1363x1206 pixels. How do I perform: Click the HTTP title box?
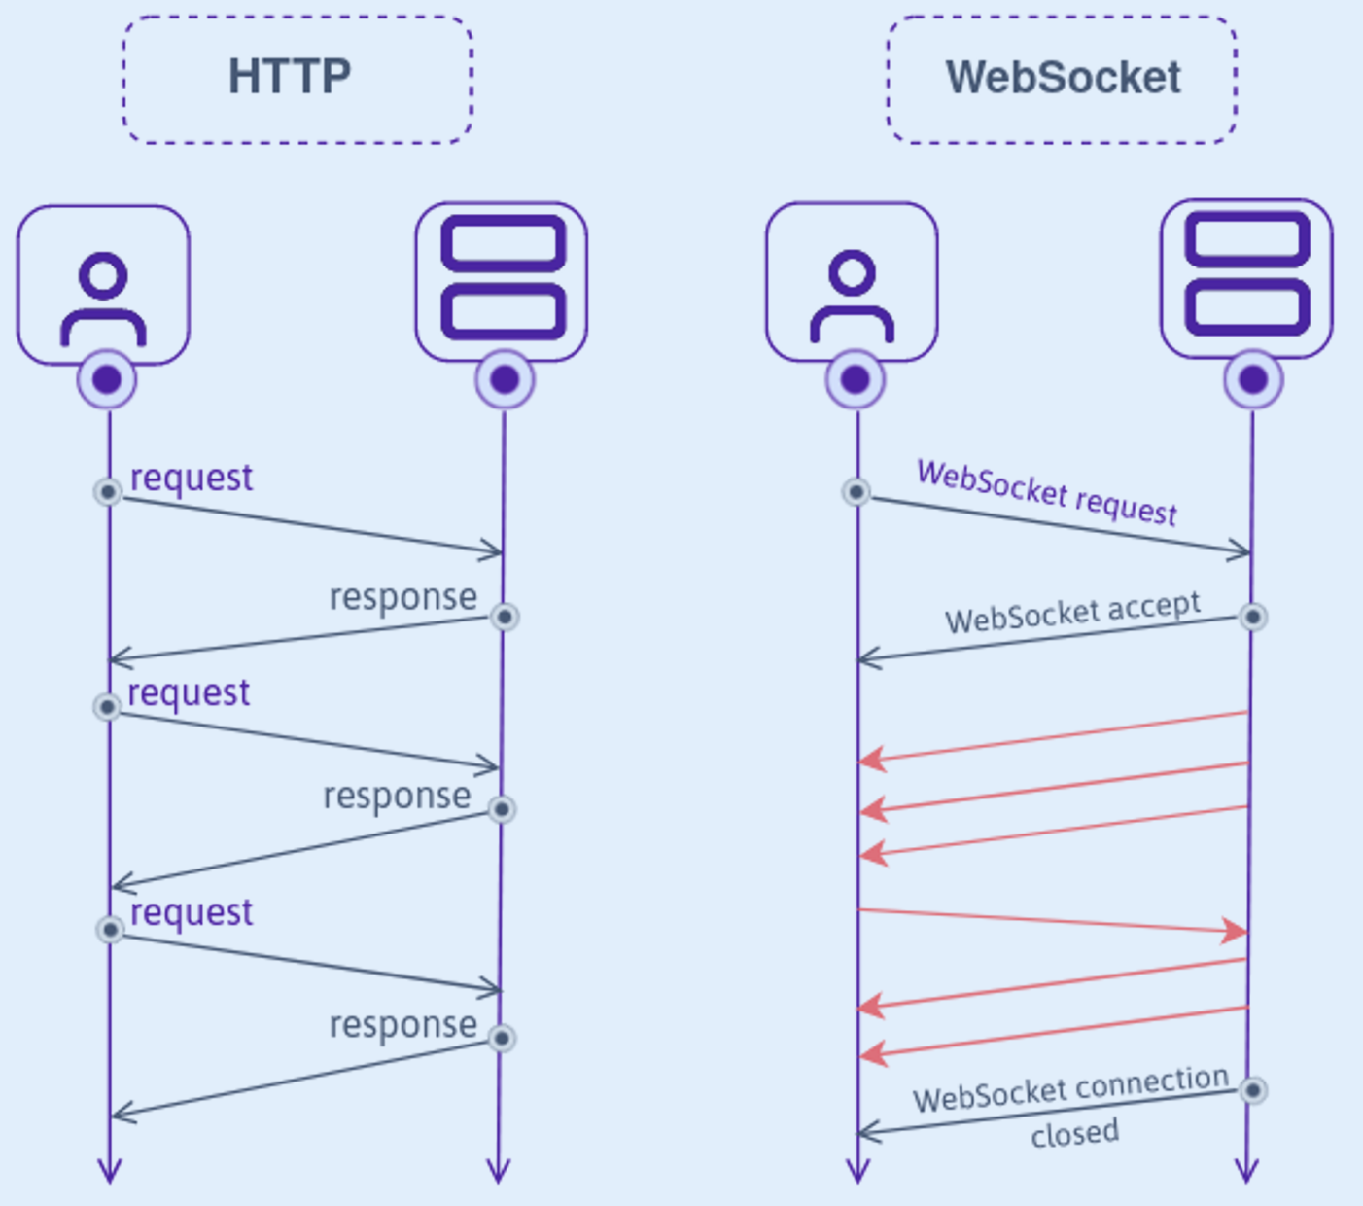pyautogui.click(x=297, y=79)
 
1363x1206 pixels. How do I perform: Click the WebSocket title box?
pyautogui.click(x=1062, y=79)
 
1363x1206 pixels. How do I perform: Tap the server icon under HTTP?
pyautogui.click(x=502, y=281)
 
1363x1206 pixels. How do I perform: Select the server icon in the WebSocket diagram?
pyautogui.click(x=1246, y=278)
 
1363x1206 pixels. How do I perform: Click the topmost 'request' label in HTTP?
pyautogui.click(x=192, y=478)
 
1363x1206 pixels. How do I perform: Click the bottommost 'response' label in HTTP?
pyautogui.click(x=402, y=1025)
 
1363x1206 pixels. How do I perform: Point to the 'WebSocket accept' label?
pyautogui.click(x=1073, y=614)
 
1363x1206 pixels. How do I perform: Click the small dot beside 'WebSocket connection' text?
pyautogui.click(x=1253, y=1090)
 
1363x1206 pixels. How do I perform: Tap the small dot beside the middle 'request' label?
pyautogui.click(x=107, y=706)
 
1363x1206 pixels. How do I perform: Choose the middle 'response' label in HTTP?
pyautogui.click(x=397, y=796)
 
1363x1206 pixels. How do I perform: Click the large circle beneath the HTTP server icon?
pyautogui.click(x=505, y=379)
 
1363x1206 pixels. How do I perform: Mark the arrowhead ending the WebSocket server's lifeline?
pyautogui.click(x=1246, y=1172)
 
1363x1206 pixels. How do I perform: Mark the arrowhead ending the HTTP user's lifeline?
pyautogui.click(x=110, y=1172)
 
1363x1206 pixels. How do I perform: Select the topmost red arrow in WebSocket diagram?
pyautogui.click(x=1052, y=736)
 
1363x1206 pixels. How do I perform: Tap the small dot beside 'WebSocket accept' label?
pyautogui.click(x=1253, y=617)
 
